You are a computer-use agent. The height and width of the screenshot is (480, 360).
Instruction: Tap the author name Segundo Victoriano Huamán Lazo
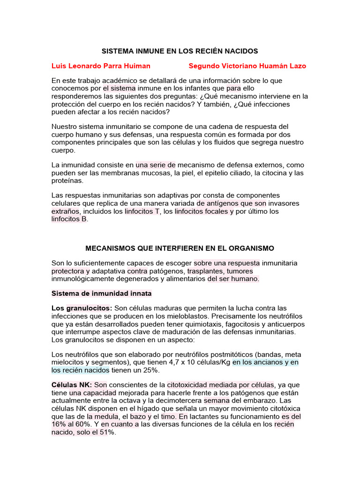pos(247,66)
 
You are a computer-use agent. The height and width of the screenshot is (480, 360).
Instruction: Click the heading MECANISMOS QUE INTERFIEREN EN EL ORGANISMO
pos(180,248)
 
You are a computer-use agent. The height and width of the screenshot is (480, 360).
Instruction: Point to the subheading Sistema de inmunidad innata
pos(101,293)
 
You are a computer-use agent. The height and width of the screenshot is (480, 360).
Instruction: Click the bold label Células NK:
pos(72,385)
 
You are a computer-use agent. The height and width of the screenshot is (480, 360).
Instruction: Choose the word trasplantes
pos(206,271)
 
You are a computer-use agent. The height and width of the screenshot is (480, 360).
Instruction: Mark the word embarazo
pos(265,401)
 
